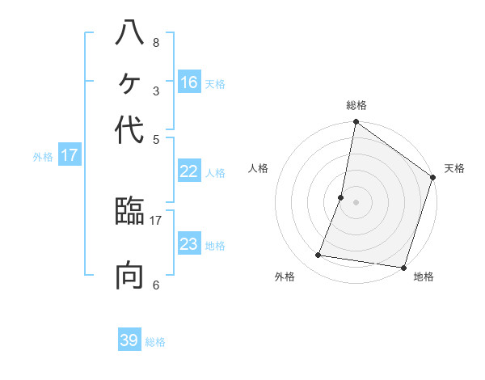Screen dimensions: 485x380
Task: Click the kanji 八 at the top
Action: click(x=129, y=34)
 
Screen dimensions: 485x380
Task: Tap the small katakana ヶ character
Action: click(x=129, y=83)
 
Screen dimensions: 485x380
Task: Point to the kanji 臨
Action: click(x=129, y=213)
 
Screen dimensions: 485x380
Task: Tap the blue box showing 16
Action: click(x=189, y=82)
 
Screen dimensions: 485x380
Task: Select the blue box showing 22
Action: click(x=189, y=171)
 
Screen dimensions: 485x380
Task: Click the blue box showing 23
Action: click(x=189, y=244)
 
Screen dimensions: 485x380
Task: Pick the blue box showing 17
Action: click(x=70, y=155)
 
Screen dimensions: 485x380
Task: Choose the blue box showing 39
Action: click(x=129, y=340)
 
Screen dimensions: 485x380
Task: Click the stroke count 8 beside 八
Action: click(x=155, y=43)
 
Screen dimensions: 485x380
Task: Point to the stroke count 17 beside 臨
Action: click(x=156, y=219)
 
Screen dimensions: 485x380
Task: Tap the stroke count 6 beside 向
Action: click(x=155, y=285)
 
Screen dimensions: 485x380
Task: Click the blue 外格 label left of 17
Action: click(x=43, y=157)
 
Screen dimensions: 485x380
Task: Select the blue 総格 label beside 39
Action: click(x=156, y=342)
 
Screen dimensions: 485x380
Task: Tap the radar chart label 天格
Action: click(x=454, y=168)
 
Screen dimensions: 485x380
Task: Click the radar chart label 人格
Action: click(x=259, y=168)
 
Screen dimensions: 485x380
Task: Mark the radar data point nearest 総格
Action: click(x=356, y=123)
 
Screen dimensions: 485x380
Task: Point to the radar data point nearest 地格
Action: click(x=403, y=267)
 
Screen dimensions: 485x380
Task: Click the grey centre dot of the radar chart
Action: click(x=356, y=201)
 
